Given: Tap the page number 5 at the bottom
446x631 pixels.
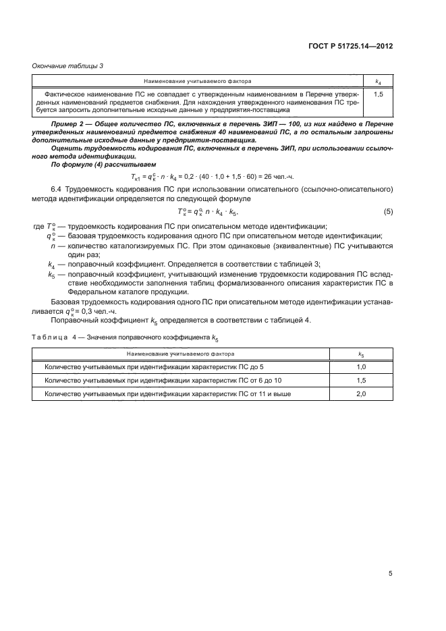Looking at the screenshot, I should [390, 574].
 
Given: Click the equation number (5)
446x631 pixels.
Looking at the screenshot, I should [388, 212].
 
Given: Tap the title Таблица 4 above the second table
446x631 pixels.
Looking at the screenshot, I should [54, 336].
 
